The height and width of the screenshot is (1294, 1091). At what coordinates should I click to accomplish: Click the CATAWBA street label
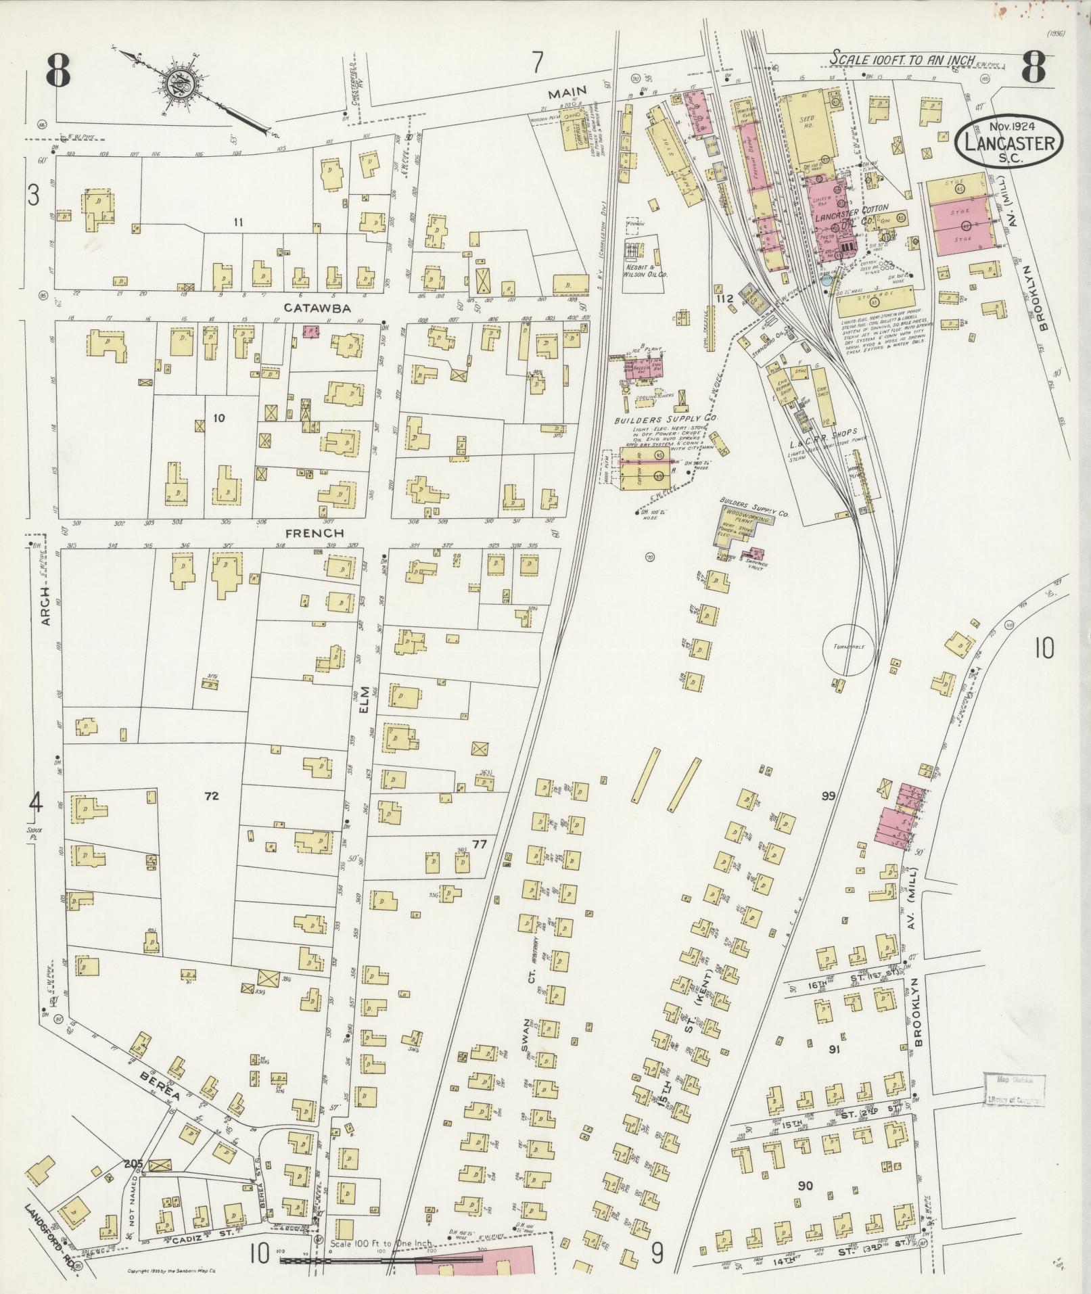pyautogui.click(x=317, y=308)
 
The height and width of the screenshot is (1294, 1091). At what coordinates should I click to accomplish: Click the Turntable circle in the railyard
pyautogui.click(x=848, y=648)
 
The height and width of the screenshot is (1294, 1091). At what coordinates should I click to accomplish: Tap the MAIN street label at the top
pyautogui.click(x=566, y=91)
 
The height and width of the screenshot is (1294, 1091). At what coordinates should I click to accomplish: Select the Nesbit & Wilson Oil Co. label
pyautogui.click(x=645, y=276)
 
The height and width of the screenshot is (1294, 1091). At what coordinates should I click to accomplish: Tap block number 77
pyautogui.click(x=480, y=844)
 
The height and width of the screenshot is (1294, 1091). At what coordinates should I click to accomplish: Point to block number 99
pyautogui.click(x=829, y=795)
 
